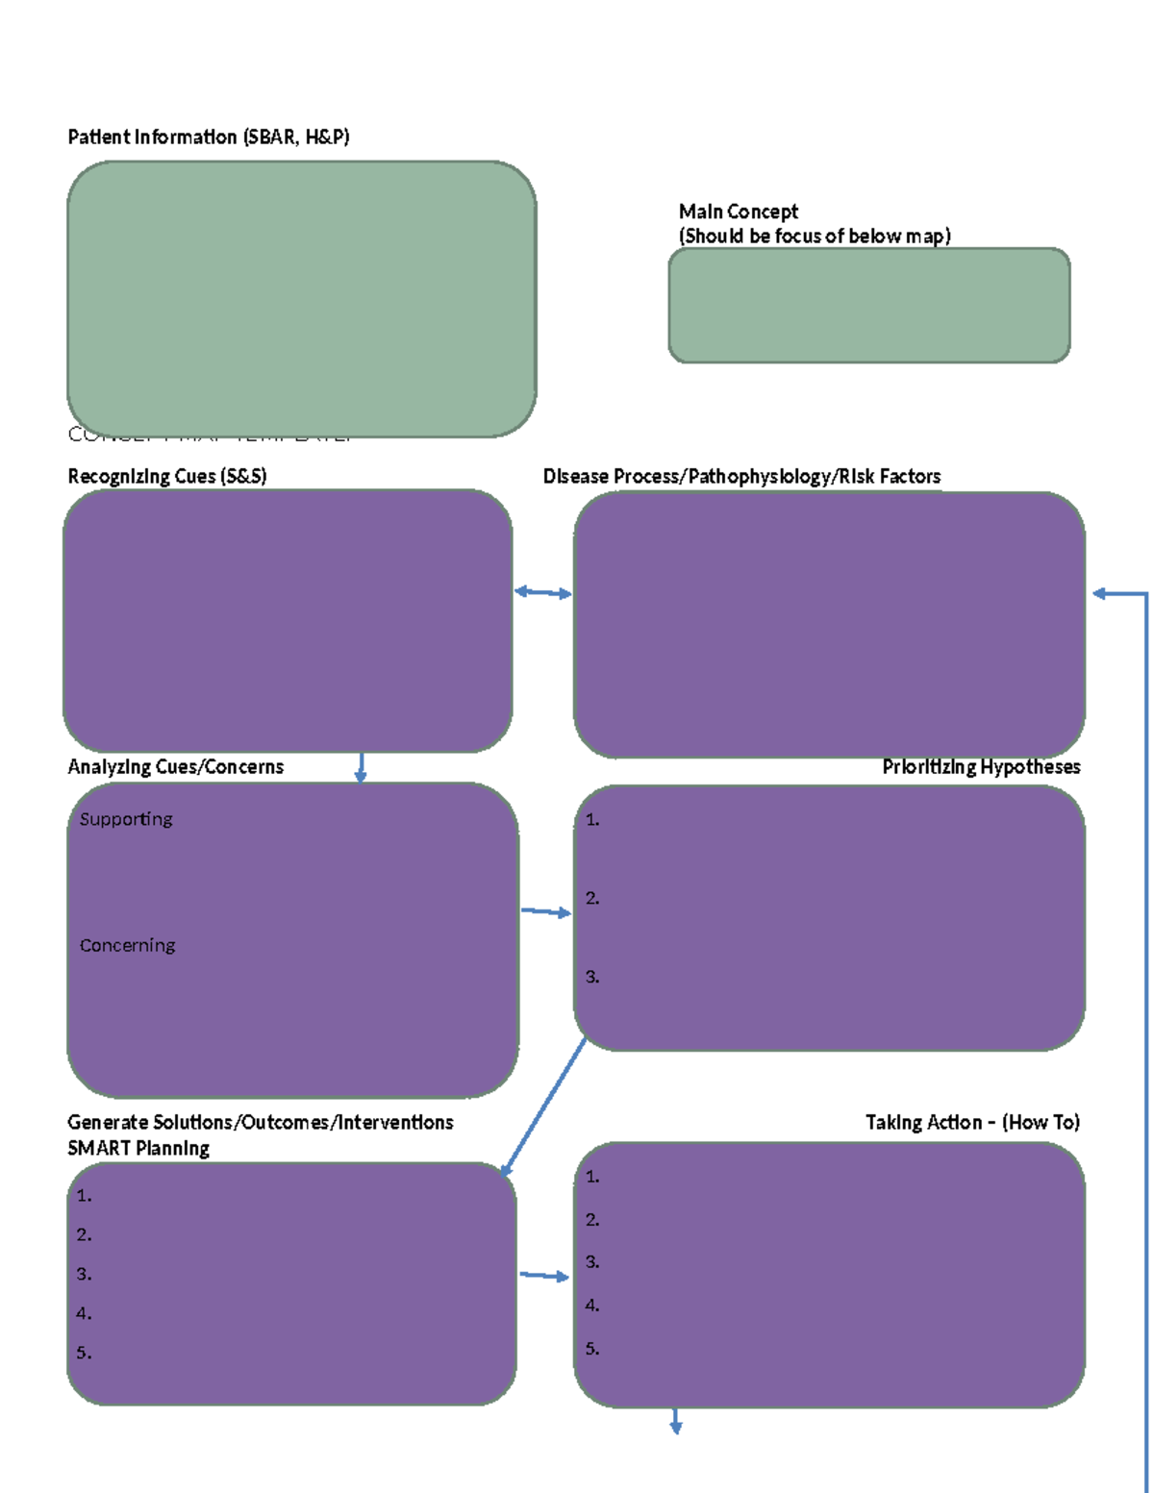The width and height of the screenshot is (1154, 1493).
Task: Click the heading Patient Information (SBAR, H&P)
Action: pos(208,137)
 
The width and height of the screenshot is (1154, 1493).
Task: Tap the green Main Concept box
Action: pos(868,306)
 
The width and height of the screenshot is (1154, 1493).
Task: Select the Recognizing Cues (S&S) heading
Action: pos(166,477)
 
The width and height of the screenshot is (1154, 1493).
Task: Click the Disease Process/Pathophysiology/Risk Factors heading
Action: pos(741,477)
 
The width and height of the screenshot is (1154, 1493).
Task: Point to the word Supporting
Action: pos(126,819)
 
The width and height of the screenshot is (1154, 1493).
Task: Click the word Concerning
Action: pos(127,946)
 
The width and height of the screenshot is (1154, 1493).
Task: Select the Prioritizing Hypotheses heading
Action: pos(981,767)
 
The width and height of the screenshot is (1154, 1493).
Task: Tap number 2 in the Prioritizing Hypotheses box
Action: pos(592,898)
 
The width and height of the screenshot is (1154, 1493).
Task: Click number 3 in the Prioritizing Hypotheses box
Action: pos(592,977)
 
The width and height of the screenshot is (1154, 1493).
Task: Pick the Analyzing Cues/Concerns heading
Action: pos(175,767)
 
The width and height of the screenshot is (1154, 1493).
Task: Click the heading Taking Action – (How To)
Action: pos(972,1123)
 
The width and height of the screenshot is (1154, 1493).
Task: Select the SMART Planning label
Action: pos(138,1149)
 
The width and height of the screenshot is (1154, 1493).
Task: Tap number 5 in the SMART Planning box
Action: pos(84,1353)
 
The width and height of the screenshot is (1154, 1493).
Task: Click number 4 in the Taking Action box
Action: pos(592,1306)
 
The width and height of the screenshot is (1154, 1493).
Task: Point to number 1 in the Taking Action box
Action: pos(592,1177)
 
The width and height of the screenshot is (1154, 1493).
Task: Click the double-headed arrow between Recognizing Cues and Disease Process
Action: pos(543,593)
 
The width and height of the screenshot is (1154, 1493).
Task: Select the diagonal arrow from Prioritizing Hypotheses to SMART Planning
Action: pos(543,1107)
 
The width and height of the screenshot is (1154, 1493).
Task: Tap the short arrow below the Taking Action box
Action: pos(676,1422)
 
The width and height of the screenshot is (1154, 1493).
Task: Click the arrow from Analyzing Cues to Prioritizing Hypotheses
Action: pos(545,911)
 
